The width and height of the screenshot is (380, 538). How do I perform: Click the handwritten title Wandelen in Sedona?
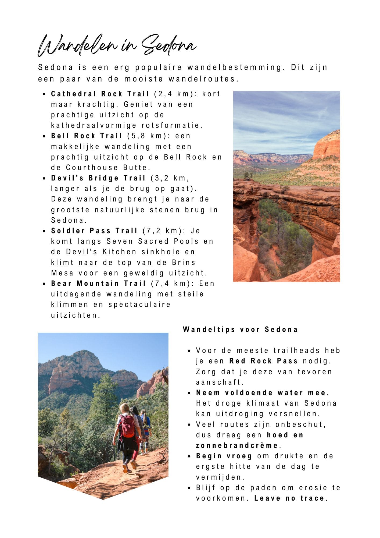pos(117,46)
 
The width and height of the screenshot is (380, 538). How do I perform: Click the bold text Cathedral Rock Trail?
pos(100,94)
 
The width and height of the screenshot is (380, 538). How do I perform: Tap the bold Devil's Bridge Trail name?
pos(98,178)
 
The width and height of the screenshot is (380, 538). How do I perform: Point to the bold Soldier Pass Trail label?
pos(94,231)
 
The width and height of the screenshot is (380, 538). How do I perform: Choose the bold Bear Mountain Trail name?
pos(98,284)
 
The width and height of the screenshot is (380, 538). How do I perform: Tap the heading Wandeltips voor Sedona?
pos(240,330)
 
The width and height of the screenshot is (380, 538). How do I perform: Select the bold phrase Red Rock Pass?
pos(263,361)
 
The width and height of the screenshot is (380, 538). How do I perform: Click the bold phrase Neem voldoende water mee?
pos(261,393)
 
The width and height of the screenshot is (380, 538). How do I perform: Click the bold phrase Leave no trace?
pos(289,498)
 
